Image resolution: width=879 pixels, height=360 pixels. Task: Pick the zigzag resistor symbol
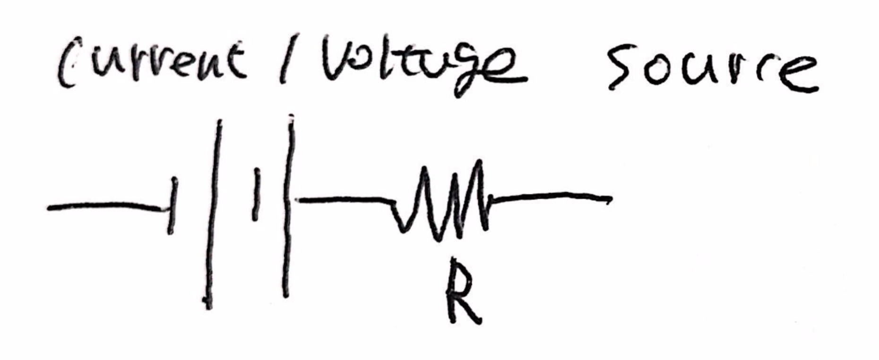[442, 198]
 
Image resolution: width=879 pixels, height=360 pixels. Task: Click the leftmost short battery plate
[172, 206]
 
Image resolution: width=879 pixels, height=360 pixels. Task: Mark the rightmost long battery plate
[288, 206]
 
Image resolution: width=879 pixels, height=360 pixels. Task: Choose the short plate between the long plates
[256, 194]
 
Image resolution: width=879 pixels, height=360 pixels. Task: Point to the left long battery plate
[213, 213]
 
